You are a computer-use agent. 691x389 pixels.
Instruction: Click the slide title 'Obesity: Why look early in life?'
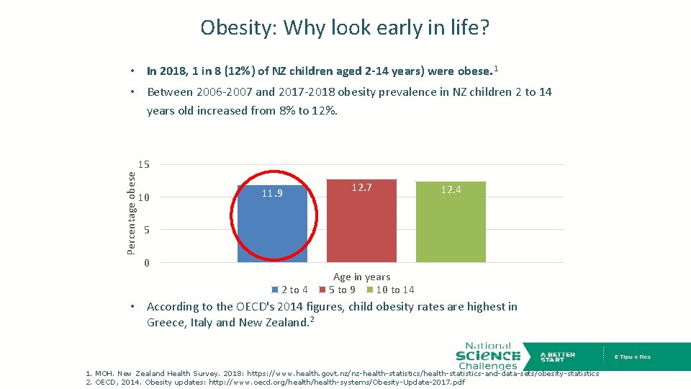click(345, 27)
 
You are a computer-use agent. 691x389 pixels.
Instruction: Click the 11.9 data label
click(273, 193)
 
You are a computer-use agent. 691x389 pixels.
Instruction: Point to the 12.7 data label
click(361, 187)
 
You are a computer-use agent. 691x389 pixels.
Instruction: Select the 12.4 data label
click(451, 189)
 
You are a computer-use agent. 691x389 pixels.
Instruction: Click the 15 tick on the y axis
click(144, 165)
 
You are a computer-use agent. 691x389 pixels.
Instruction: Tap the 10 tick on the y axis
click(144, 197)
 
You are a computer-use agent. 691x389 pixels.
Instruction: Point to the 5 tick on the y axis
click(147, 230)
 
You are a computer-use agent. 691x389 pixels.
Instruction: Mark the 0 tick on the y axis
click(147, 263)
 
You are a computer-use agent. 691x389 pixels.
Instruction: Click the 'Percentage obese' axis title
click(132, 211)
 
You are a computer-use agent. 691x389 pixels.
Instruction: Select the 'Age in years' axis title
click(361, 277)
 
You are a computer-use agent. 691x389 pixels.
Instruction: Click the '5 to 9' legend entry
click(341, 290)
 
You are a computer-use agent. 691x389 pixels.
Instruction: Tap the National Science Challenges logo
click(487, 356)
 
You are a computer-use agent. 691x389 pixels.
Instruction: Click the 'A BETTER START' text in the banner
click(557, 357)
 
